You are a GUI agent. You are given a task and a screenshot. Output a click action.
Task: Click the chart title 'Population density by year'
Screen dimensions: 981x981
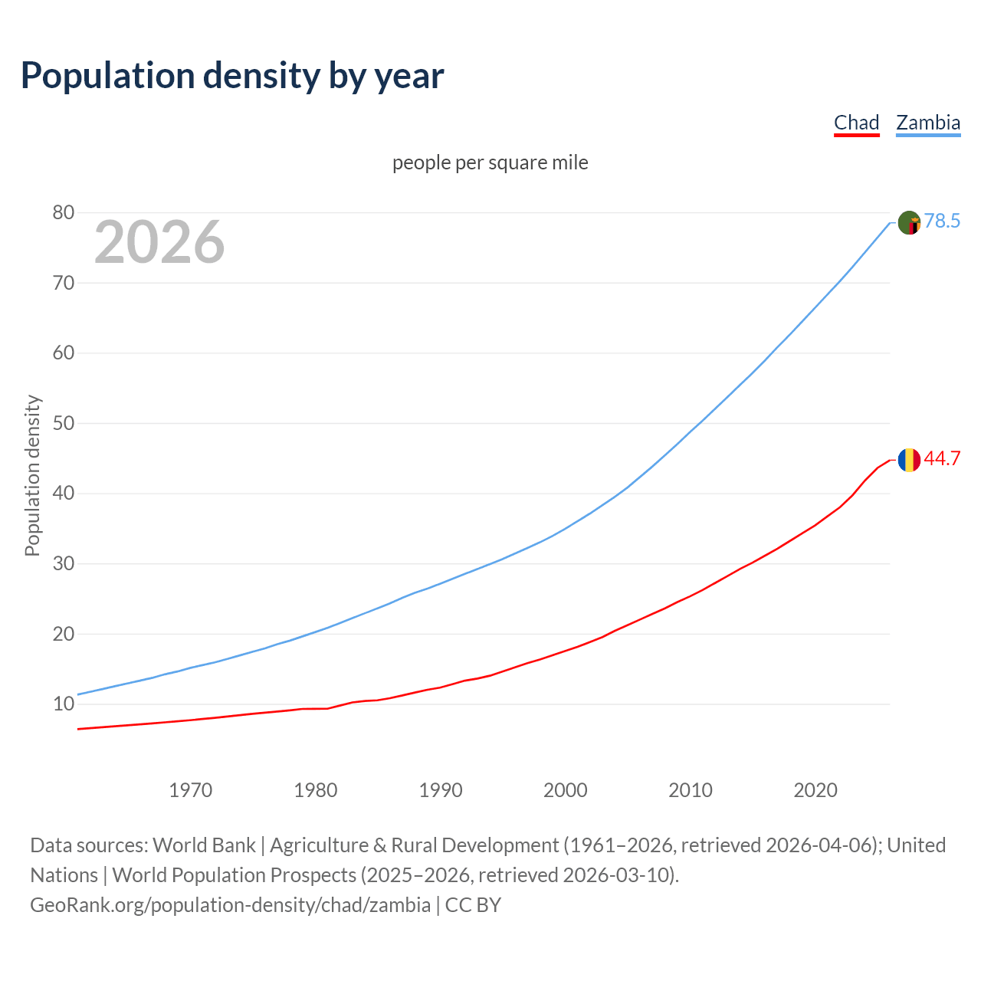[232, 75]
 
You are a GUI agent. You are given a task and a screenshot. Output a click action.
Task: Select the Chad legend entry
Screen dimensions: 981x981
[856, 123]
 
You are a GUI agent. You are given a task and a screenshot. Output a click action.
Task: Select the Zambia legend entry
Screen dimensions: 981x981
[928, 123]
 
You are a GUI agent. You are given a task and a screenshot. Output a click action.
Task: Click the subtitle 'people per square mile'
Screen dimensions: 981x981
[490, 162]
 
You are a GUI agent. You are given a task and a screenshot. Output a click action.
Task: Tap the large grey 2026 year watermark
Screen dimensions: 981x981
[159, 242]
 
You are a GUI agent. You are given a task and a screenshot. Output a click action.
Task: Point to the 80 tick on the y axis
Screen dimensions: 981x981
[64, 213]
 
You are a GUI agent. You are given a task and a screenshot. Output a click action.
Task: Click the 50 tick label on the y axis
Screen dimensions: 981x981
[64, 423]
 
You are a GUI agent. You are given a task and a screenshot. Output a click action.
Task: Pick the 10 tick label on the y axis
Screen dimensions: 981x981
[64, 704]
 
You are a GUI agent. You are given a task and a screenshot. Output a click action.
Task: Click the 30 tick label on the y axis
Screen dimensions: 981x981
[64, 563]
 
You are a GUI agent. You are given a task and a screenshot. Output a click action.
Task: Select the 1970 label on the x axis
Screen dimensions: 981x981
[190, 790]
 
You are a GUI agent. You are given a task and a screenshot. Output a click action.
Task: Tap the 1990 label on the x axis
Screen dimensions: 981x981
[441, 790]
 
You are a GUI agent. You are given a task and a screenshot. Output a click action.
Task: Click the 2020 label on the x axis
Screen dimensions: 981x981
[815, 790]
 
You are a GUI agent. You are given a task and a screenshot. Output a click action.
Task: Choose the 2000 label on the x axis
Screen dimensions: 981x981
[566, 790]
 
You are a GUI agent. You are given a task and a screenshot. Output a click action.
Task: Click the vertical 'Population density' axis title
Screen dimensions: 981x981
[32, 475]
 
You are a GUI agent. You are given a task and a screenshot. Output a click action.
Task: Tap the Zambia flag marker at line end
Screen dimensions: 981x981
[909, 222]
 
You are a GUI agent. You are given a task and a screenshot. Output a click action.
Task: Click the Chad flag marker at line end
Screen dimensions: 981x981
[909, 460]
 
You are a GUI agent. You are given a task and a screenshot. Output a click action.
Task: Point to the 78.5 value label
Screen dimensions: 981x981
[942, 221]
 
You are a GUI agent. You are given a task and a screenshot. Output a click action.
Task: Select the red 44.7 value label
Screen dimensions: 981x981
[942, 458]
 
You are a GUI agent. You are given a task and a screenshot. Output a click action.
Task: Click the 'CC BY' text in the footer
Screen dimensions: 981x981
[473, 905]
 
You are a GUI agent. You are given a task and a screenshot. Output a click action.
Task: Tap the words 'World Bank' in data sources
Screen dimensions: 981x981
[204, 845]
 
